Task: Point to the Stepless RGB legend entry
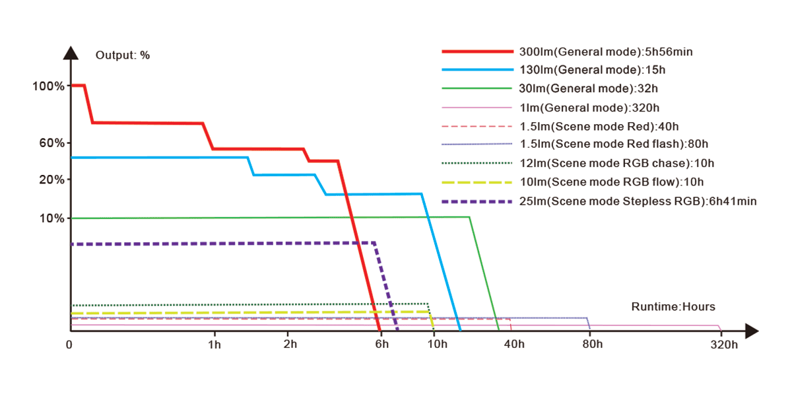coord(638,201)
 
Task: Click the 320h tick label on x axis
coord(724,344)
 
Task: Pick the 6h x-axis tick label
coord(381,344)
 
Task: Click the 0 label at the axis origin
coord(69,344)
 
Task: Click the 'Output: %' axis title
coord(123,55)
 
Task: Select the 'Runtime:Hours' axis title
coord(673,306)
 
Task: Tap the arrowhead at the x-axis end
coord(754,330)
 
